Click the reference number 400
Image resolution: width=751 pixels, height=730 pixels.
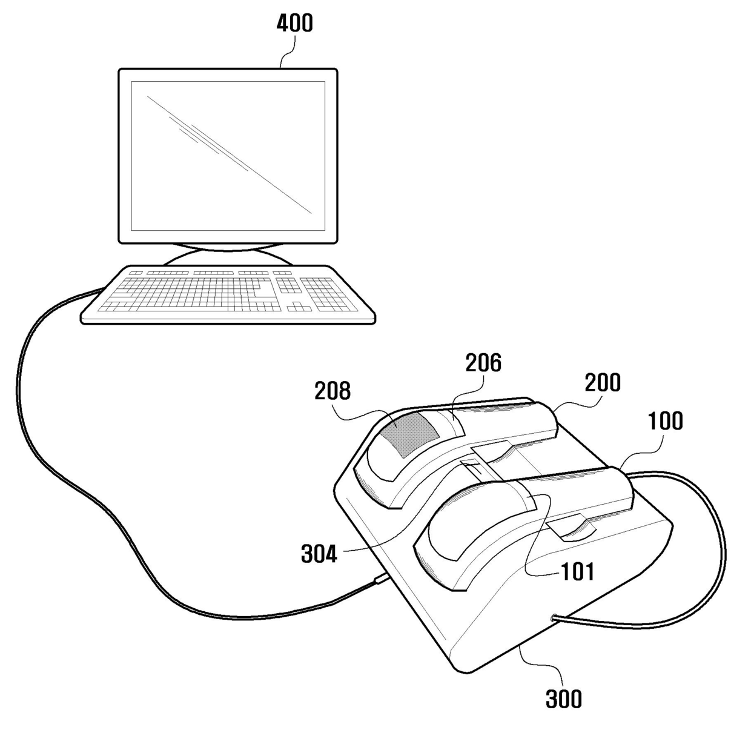[x=294, y=23]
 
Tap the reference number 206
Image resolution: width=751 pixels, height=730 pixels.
[x=483, y=362]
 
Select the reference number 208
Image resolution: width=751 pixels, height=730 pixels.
[x=332, y=391]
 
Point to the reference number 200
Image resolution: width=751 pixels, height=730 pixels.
[x=603, y=382]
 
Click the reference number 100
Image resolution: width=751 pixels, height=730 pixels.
[x=665, y=420]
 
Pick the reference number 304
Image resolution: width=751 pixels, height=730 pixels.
[x=319, y=553]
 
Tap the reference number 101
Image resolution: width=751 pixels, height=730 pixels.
[x=577, y=571]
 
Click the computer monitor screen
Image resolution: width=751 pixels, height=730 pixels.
[x=228, y=156]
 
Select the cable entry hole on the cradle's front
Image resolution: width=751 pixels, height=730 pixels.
[x=554, y=618]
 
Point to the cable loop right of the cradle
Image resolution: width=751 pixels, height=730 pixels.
[x=718, y=545]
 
